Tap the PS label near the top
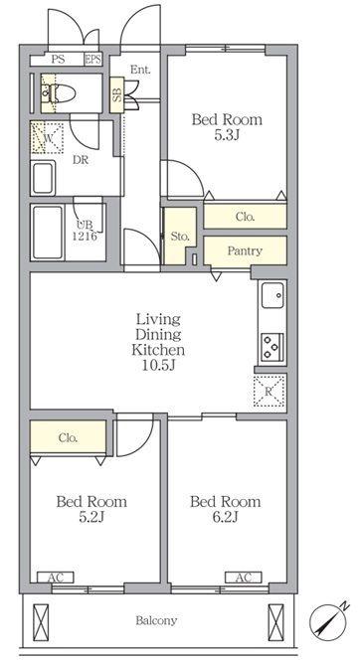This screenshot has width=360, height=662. point(58,59)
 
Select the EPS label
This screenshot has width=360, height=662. point(92,59)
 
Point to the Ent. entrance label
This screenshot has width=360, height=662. point(140,70)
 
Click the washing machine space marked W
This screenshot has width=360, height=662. point(47,137)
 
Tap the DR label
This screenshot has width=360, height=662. point(81,160)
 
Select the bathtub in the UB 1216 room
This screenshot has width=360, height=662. point(48,233)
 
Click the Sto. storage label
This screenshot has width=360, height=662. point(180,237)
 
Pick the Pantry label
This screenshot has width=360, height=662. point(245,250)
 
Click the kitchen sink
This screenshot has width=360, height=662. point(272,294)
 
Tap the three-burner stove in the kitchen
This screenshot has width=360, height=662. point(272,348)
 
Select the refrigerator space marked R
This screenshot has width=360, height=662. point(270,391)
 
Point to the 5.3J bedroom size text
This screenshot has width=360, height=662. point(227,135)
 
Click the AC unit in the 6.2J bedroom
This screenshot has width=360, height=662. point(244,578)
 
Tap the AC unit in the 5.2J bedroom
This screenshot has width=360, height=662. point(56,578)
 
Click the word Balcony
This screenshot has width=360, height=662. point(156,620)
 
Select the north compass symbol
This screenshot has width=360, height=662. point(327,622)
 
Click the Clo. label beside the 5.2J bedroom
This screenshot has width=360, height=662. point(68,437)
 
